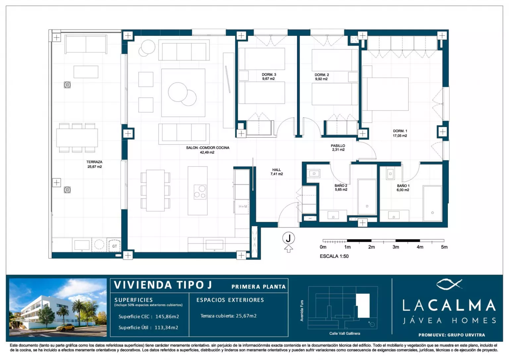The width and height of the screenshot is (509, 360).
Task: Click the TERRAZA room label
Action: coord(94,162)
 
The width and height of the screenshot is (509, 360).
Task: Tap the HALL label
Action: coord(277,169)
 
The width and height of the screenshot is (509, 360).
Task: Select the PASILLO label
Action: coord(338,146)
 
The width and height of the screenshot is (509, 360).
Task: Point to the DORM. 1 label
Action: coord(400,131)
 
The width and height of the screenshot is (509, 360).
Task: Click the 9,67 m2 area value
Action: coord(268,79)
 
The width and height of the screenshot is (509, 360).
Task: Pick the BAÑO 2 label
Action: coord(341,185)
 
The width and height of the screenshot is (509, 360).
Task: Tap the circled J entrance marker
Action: coord(288,238)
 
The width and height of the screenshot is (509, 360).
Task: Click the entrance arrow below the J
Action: coord(288,249)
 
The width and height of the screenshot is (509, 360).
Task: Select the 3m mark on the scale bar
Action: coord(396,247)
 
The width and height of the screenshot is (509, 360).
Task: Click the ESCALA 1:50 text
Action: coord(334,256)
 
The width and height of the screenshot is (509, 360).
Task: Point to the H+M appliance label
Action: coord(243,207)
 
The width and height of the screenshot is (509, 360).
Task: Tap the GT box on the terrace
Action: coord(114,245)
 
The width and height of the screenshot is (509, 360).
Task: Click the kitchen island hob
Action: coord(200,192)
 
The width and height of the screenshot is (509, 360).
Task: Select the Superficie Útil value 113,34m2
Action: coord(166,328)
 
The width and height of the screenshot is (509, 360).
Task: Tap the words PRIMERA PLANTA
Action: coord(258,287)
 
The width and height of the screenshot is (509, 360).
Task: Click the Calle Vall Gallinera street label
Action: coord(345,333)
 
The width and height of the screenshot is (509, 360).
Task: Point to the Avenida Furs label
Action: coord(302,311)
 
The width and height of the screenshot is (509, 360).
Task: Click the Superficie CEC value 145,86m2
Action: coord(167,317)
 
